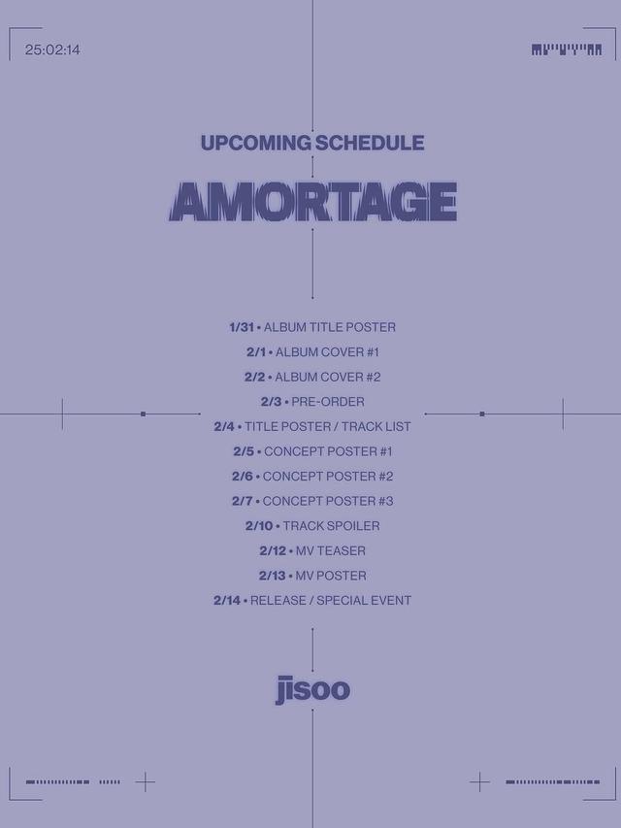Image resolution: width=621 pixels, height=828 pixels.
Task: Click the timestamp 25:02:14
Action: pyautogui.click(x=52, y=50)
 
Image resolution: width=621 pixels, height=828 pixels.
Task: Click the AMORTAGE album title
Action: pyautogui.click(x=312, y=201)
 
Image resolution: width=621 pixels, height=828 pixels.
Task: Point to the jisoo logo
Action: pyautogui.click(x=311, y=690)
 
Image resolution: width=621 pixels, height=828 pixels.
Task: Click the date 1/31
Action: pyautogui.click(x=241, y=327)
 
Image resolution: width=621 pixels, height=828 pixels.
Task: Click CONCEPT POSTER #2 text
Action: pyautogui.click(x=328, y=477)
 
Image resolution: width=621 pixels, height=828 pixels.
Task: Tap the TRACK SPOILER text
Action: pyautogui.click(x=331, y=526)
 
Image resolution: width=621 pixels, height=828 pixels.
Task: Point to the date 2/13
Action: pyautogui.click(x=272, y=576)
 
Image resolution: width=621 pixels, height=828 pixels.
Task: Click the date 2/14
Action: pyautogui.click(x=227, y=601)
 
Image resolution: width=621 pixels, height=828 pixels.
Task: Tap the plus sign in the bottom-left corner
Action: pyautogui.click(x=145, y=781)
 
